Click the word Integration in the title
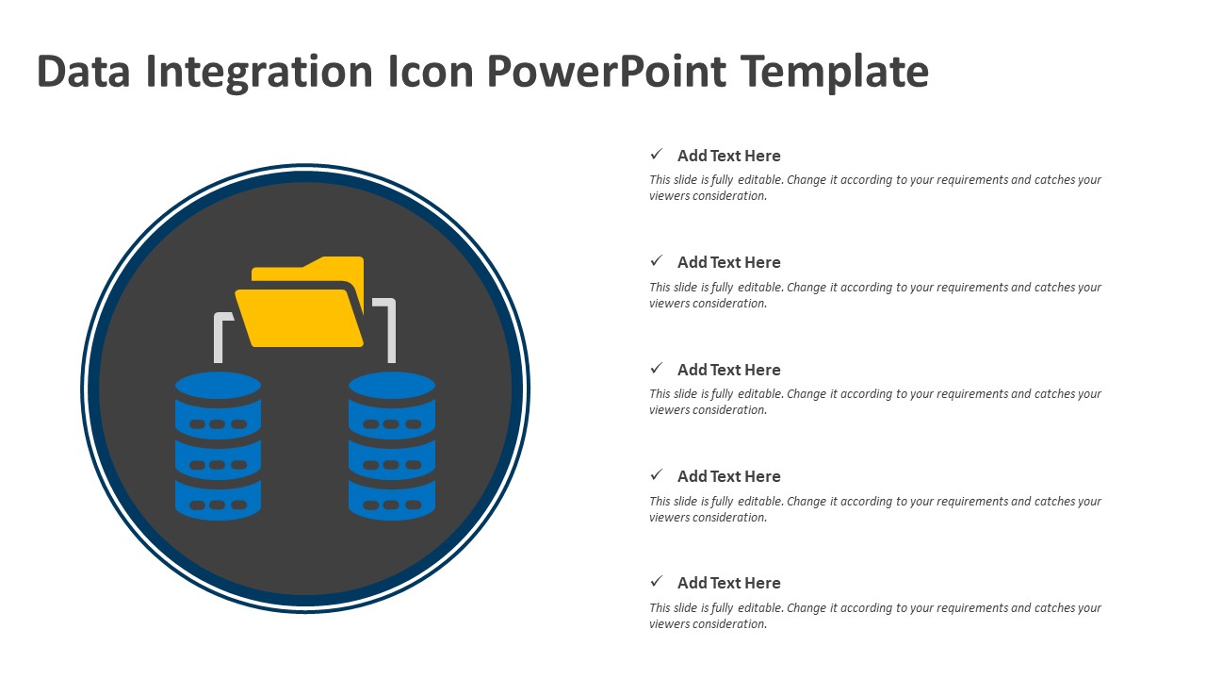(x=259, y=72)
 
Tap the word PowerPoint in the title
(x=607, y=72)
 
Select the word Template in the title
(x=835, y=72)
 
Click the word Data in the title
(x=84, y=71)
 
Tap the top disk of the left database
(x=218, y=385)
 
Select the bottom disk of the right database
(x=392, y=500)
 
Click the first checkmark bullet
(x=657, y=154)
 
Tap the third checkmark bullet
(x=657, y=368)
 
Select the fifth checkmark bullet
(x=657, y=581)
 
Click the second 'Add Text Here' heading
(x=729, y=262)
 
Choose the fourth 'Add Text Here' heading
(x=729, y=476)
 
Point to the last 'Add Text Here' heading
(x=729, y=583)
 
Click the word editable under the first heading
(x=760, y=179)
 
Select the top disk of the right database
(x=392, y=385)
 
